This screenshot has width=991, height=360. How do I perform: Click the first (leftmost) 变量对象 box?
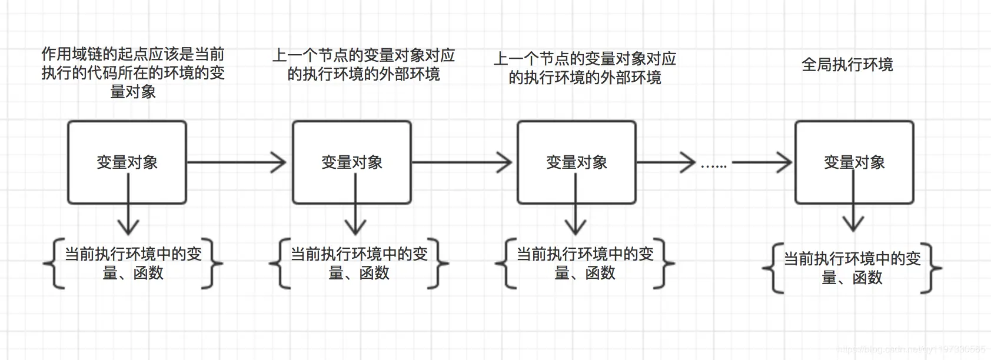[x=127, y=162]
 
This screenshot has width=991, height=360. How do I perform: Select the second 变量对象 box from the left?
[x=352, y=162]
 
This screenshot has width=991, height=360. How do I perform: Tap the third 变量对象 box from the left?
[x=577, y=162]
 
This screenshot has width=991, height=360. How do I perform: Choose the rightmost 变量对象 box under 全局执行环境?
[x=854, y=162]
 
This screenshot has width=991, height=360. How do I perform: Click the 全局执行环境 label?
[x=847, y=65]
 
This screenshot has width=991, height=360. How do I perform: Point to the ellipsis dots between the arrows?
[x=714, y=166]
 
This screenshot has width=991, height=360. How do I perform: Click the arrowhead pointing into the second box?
[x=279, y=162]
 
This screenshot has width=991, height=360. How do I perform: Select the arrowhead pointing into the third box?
[x=504, y=162]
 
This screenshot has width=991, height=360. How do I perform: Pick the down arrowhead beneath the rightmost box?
[x=853, y=224]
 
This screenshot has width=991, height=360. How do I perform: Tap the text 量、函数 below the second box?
[x=359, y=273]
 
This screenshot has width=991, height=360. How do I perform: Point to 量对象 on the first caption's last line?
[x=133, y=92]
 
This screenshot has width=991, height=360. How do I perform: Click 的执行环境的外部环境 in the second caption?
[x=364, y=74]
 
